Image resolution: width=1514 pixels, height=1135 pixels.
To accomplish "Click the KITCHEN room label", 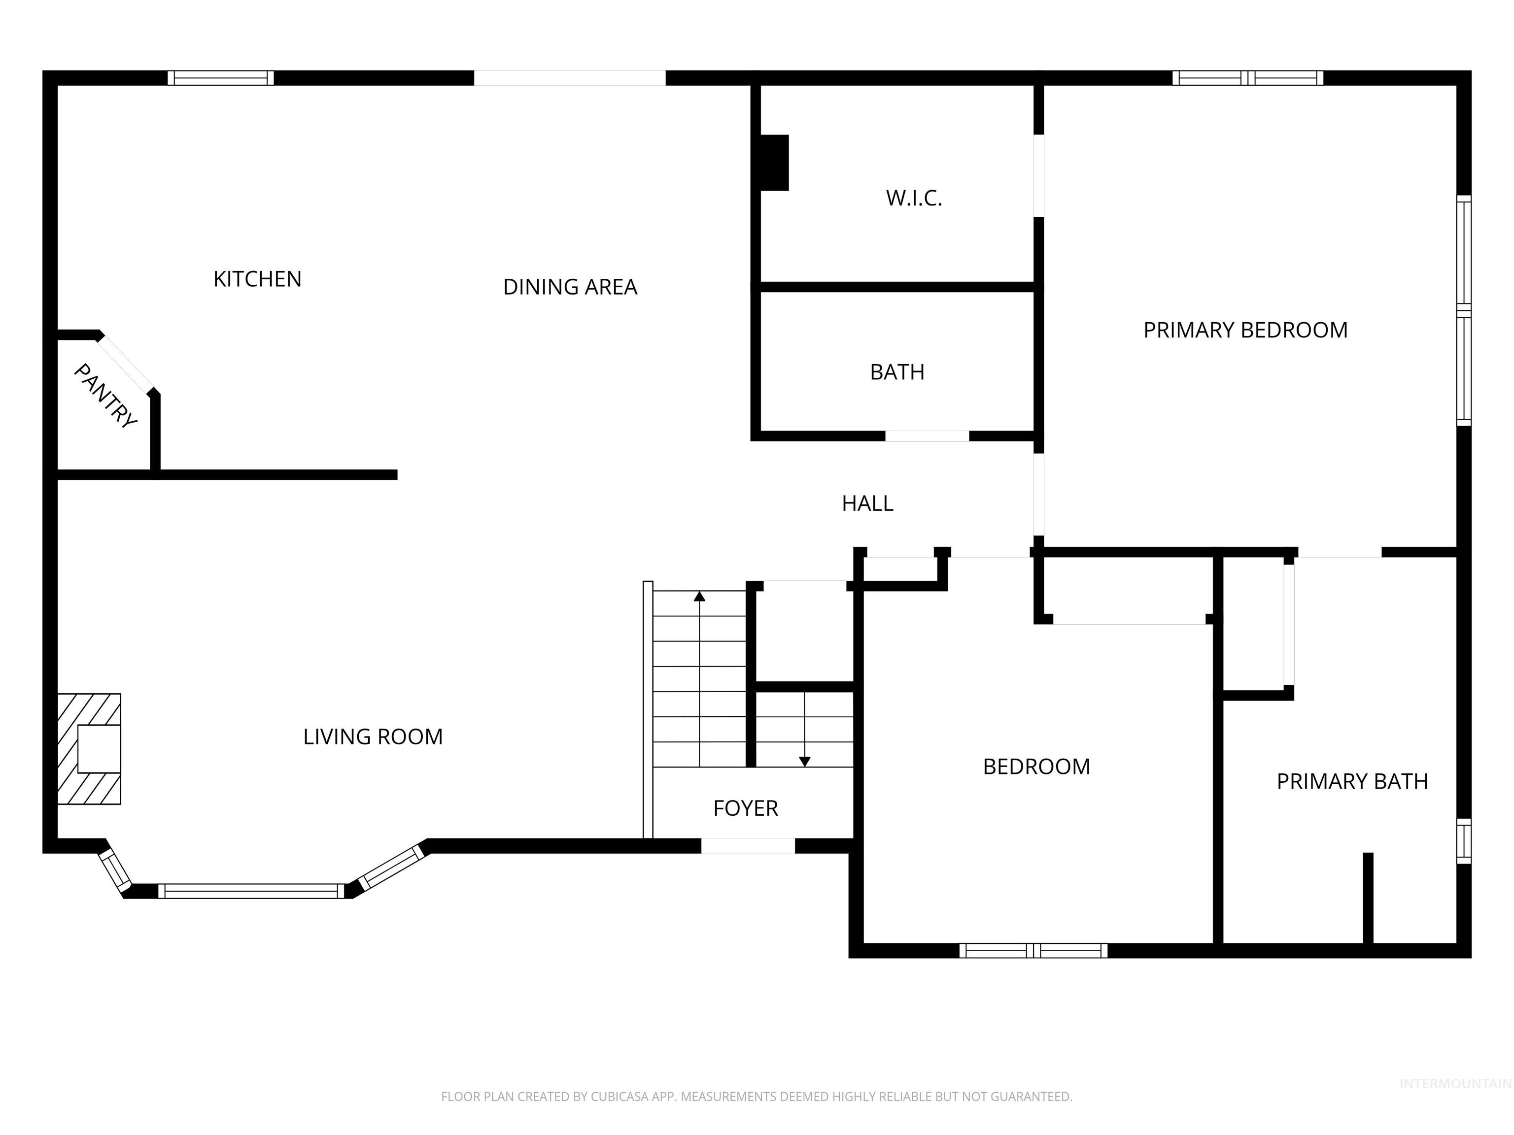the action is point(257,279).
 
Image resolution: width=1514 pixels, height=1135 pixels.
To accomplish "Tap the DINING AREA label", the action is point(570,287).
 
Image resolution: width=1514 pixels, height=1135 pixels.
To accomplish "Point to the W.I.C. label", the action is point(914,199).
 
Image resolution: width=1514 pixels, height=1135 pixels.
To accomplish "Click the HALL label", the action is point(867,503).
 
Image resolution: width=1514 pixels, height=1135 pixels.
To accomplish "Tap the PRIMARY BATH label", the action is point(1352,781).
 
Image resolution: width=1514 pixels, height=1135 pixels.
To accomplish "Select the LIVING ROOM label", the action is point(373,737).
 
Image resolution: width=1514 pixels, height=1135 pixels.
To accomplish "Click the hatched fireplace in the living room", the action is point(89,749).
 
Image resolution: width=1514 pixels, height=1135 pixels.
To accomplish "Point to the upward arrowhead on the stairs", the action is point(699,596).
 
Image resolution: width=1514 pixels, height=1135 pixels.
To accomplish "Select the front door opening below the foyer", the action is point(748,846).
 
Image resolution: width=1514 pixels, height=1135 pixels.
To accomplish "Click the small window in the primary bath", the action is point(1463,841).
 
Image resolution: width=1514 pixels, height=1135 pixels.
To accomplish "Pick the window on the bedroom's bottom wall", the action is point(1033,950).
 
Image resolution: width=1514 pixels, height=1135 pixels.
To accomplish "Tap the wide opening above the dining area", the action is point(569,78).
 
